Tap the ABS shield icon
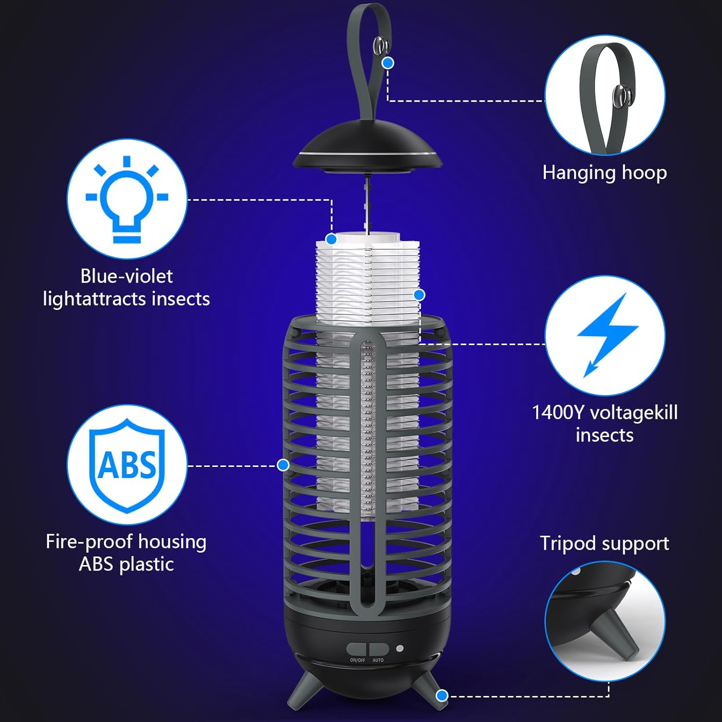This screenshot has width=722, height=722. click(127, 464)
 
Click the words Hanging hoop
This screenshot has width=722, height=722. click(605, 172)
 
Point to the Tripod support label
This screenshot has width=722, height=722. click(605, 543)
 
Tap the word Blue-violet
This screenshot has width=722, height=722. click(127, 276)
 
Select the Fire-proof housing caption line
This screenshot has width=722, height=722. click(126, 541)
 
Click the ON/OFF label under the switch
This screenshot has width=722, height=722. click(358, 660)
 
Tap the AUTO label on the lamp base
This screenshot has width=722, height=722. click(378, 660)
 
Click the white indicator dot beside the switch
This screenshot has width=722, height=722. click(400, 648)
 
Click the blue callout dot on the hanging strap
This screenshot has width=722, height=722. click(388, 63)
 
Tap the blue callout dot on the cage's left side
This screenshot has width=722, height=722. click(283, 464)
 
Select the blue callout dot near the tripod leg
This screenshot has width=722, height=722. click(442, 695)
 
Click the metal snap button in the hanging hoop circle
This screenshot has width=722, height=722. click(620, 96)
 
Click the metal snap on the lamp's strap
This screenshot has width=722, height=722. click(380, 46)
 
